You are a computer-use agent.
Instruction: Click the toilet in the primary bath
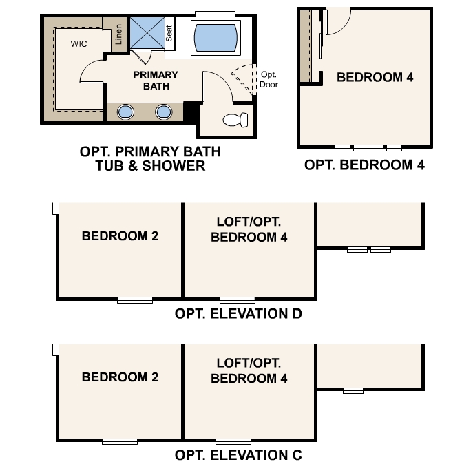coord(235,120)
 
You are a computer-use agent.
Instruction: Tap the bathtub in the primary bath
coord(216,37)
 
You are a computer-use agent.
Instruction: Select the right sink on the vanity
coord(163,112)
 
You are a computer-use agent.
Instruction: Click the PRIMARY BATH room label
coord(156,81)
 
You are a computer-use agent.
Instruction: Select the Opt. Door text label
coord(268,79)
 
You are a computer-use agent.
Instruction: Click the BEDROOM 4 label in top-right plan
coord(375,77)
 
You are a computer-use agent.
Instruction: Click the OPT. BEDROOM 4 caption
coord(364,165)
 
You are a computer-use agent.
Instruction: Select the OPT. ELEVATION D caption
coord(238,314)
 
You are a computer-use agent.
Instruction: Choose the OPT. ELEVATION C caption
coord(238,455)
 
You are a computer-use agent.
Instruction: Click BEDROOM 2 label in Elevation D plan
coord(120,235)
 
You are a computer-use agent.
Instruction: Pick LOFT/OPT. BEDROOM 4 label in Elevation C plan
coord(249,370)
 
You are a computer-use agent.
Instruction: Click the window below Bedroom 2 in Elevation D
coord(134,300)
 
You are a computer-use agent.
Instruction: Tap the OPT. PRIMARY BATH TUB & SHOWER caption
coord(150,158)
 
